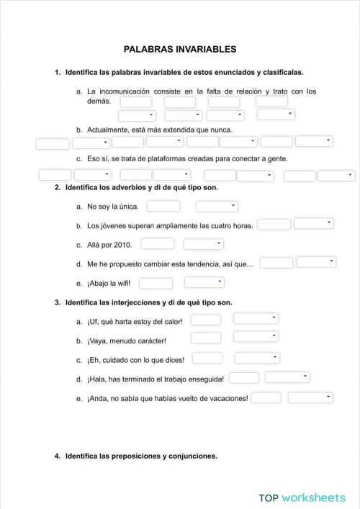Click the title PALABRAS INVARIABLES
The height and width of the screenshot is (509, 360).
point(180,50)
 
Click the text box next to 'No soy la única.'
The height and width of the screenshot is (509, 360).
point(163,207)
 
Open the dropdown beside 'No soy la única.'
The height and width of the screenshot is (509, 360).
point(217,207)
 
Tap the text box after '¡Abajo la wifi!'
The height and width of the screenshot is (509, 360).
point(156,283)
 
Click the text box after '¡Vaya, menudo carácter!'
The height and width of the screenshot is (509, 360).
point(206,338)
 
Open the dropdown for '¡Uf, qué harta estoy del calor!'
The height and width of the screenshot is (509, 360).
point(256,318)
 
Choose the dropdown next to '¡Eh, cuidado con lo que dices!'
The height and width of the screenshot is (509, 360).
point(258,358)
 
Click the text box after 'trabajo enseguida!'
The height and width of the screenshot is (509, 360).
point(244,377)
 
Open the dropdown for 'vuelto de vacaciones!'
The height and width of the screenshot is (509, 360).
point(310,397)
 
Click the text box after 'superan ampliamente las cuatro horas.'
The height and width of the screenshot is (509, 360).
point(274,224)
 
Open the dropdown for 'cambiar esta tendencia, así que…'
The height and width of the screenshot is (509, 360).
point(316,262)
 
